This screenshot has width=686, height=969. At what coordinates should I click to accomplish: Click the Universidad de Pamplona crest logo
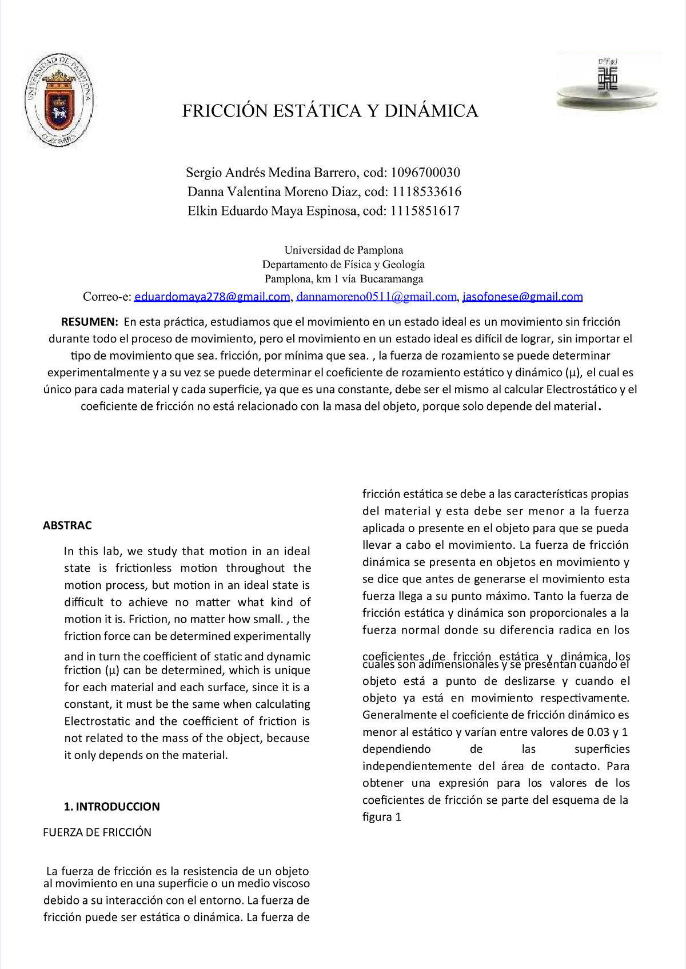click(x=58, y=101)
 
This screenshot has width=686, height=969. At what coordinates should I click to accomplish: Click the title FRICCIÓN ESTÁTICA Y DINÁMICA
click(x=330, y=111)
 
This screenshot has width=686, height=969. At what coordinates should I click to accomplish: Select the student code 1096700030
click(x=425, y=173)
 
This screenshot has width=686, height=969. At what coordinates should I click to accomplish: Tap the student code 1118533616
click(x=426, y=192)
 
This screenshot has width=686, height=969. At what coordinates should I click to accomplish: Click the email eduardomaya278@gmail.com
click(x=212, y=297)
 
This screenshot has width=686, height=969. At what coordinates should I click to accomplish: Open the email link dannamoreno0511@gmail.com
click(x=376, y=297)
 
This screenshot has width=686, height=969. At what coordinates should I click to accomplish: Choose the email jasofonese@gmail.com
click(x=523, y=297)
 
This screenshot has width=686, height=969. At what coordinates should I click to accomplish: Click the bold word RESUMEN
click(x=89, y=322)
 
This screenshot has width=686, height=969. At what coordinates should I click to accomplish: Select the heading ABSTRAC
click(x=67, y=525)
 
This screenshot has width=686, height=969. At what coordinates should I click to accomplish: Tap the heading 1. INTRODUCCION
click(x=111, y=807)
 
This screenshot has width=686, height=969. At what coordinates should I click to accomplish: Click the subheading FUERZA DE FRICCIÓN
click(x=97, y=832)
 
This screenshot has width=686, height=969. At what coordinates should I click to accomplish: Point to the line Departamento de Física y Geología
click(x=343, y=265)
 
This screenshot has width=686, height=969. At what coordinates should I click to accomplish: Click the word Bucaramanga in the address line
click(x=391, y=279)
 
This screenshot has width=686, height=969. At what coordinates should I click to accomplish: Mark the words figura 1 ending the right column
click(x=382, y=817)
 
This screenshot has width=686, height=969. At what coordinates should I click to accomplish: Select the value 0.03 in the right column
click(x=599, y=732)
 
